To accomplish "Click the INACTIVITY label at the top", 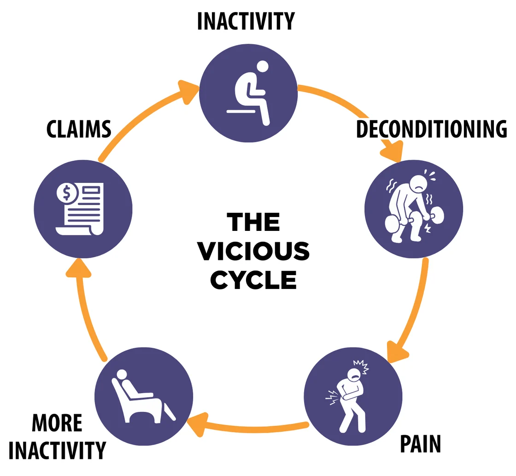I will [x=246, y=21].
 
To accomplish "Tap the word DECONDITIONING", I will [x=431, y=129].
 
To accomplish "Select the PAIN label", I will [x=420, y=444].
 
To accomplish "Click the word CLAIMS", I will [x=79, y=129].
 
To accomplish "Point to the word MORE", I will [x=57, y=423].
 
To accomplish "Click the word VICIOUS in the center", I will [x=253, y=252].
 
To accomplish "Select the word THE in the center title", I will [x=253, y=222].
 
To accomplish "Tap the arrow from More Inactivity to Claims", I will [x=85, y=309].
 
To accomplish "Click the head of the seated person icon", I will [x=263, y=67].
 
